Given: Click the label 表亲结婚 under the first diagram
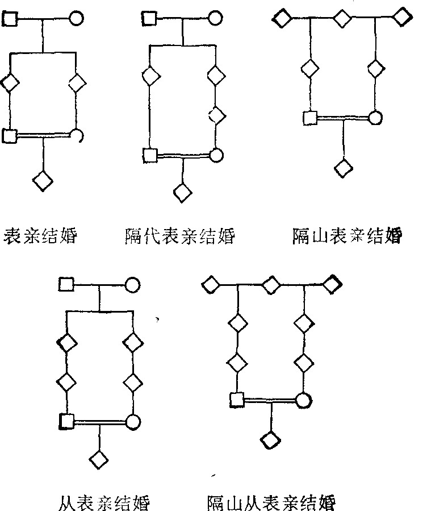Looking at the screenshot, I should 40,236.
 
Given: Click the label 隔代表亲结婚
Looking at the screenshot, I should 179,236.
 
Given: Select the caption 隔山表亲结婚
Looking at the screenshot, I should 346,236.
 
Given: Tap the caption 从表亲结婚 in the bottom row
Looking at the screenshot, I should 104,503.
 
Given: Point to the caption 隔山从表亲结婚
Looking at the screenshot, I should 271,503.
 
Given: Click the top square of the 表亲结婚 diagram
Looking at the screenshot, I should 10,19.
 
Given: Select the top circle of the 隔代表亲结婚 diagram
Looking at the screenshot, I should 215,18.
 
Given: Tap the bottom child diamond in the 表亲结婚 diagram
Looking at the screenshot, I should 43,181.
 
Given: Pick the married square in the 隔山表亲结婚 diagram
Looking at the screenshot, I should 309,118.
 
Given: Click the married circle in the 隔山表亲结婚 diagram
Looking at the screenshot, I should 375,118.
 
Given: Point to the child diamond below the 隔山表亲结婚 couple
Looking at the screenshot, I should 342,168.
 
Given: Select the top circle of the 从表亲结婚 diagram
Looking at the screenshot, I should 132,284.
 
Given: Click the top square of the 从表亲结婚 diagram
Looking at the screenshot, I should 67,284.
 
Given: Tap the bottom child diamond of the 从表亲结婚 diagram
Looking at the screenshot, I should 100,458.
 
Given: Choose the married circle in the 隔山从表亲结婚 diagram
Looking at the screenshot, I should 303,400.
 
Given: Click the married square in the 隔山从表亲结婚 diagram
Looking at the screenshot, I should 237,400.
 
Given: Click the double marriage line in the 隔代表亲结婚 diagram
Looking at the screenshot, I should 182,155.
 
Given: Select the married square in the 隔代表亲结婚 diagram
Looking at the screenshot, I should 149,155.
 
